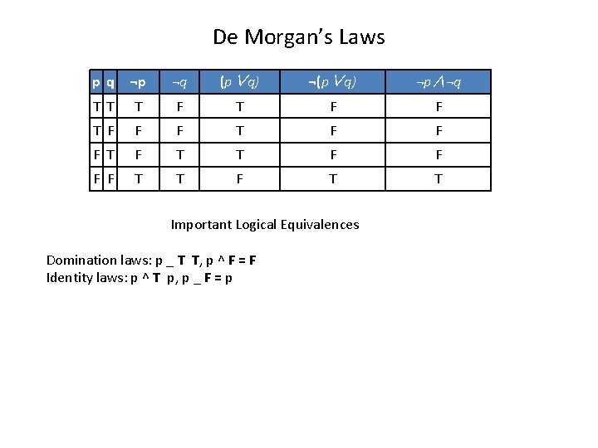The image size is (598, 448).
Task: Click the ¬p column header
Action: pos(138,82)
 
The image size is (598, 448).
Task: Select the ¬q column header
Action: pos(179,82)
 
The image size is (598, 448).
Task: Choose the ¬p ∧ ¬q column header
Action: pos(439,82)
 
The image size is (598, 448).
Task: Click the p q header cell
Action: pos(104,82)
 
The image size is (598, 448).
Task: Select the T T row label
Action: pos(104,106)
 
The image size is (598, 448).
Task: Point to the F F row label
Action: pos(104,178)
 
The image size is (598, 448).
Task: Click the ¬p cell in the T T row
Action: pos(138,106)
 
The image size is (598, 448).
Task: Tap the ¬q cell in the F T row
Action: pos(179,154)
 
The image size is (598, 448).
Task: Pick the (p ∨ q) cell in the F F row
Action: pos(239,178)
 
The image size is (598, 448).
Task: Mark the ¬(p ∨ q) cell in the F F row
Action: pos(332,178)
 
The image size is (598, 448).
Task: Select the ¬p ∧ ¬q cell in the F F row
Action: pos(439,178)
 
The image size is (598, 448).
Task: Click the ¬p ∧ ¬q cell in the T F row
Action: pos(439,130)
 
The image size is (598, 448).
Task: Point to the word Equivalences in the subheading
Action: pos(320,225)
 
